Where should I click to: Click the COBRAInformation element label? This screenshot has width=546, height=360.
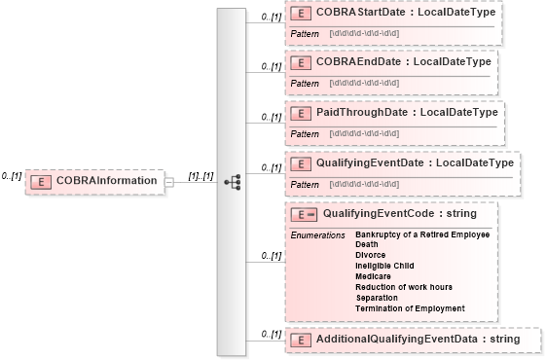coord(106,181)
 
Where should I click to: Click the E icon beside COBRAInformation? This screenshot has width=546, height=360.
coord(42,181)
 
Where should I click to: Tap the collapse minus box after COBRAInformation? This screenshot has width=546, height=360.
coord(168,181)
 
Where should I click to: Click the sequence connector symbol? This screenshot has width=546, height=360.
coord(232,181)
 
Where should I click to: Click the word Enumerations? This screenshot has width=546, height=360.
coord(317,235)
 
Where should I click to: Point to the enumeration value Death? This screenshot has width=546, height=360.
coord(368,244)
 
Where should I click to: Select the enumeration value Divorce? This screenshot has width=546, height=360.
coord(371,255)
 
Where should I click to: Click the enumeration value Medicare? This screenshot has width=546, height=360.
coord(375,276)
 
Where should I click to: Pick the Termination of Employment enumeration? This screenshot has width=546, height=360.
coord(410,308)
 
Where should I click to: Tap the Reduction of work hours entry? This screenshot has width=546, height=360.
coord(404,287)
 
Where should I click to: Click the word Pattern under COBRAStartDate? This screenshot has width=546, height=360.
coord(305,34)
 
